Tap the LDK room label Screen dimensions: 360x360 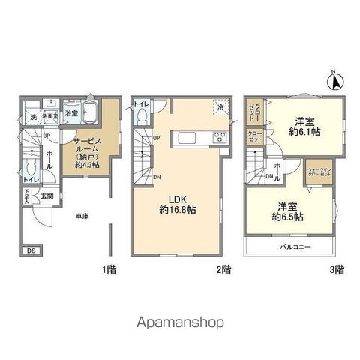click(x=176, y=199)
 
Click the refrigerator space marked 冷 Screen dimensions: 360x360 click(x=220, y=106)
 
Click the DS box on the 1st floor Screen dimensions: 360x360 click(x=31, y=250)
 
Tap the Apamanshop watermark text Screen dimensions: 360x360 click(x=180, y=323)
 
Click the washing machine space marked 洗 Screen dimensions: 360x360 click(x=32, y=117)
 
